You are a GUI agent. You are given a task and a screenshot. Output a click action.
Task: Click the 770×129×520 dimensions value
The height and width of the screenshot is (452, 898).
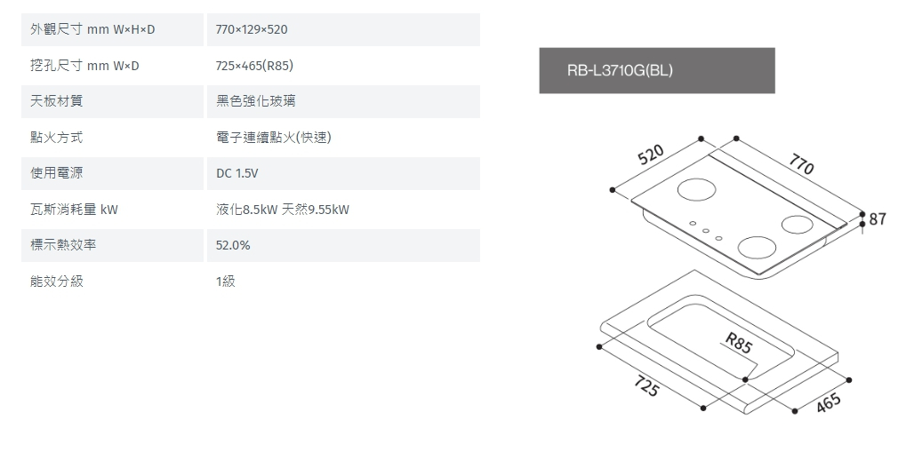pyautogui.click(x=252, y=30)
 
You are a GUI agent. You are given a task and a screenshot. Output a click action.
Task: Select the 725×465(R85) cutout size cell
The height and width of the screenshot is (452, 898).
pyautogui.click(x=254, y=66)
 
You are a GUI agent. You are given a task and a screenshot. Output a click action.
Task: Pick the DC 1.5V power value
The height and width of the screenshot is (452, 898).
pyautogui.click(x=237, y=173)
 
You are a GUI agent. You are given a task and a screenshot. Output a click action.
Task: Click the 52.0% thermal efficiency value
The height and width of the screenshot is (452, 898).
pyautogui.click(x=233, y=245)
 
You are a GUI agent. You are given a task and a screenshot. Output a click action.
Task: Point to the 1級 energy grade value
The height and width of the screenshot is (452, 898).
pyautogui.click(x=226, y=282)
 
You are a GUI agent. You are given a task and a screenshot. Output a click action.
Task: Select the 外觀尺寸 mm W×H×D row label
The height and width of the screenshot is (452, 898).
pyautogui.click(x=92, y=30)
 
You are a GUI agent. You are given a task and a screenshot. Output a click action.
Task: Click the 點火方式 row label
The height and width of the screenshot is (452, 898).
pyautogui.click(x=57, y=138)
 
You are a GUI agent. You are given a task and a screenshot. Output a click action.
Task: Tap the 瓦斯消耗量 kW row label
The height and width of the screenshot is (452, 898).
pyautogui.click(x=74, y=210)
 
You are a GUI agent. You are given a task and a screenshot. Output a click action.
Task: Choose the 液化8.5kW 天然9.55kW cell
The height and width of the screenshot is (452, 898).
pyautogui.click(x=282, y=210)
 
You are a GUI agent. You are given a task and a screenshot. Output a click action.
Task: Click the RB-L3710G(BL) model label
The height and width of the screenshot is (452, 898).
pyautogui.click(x=620, y=70)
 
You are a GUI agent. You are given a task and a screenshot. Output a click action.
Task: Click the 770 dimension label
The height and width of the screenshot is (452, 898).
pyautogui.click(x=800, y=164)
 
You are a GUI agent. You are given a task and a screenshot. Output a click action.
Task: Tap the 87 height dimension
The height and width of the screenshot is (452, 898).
pyautogui.click(x=878, y=218)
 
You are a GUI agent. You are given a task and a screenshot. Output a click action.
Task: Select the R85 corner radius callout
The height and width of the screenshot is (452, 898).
pyautogui.click(x=738, y=343)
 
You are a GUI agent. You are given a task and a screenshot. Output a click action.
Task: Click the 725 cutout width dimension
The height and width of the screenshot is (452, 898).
pyautogui.click(x=646, y=387)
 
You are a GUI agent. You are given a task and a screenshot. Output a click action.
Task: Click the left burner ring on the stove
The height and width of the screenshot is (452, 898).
pyautogui.click(x=696, y=190)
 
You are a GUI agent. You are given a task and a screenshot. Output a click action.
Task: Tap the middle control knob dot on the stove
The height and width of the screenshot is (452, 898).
pyautogui.click(x=705, y=231)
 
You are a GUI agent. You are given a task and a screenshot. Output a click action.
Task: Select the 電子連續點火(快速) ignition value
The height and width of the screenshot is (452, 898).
pyautogui.click(x=274, y=138)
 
